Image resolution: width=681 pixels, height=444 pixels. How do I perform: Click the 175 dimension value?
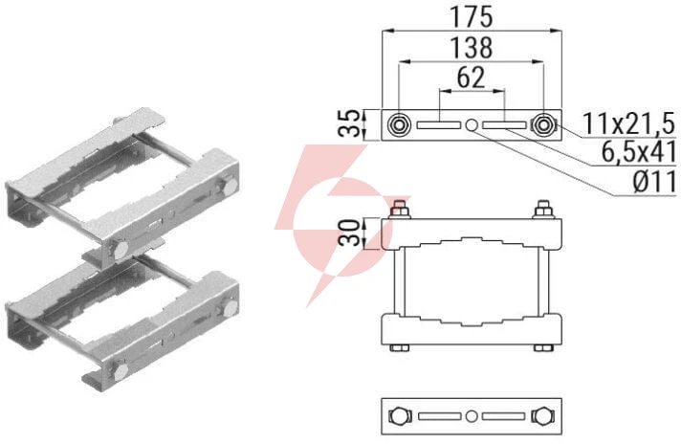pyautogui.click(x=472, y=17)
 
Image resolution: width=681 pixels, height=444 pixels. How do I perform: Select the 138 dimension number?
pyautogui.click(x=472, y=48)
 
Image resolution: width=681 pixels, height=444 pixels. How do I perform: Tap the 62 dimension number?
pyautogui.click(x=472, y=78)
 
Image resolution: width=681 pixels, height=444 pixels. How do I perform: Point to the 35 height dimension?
pyautogui.click(x=350, y=124)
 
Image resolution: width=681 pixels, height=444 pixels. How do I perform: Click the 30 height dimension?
pyautogui.click(x=350, y=233)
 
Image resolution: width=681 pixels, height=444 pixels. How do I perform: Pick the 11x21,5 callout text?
pyautogui.click(x=628, y=123)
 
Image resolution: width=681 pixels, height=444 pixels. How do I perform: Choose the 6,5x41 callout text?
pyautogui.click(x=639, y=152)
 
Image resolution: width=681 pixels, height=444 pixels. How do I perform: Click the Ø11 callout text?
pyautogui.click(x=654, y=181)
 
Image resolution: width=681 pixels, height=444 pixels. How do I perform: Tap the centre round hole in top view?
pyautogui.click(x=472, y=125)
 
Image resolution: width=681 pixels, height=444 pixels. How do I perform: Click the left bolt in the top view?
pyautogui.click(x=398, y=125)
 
